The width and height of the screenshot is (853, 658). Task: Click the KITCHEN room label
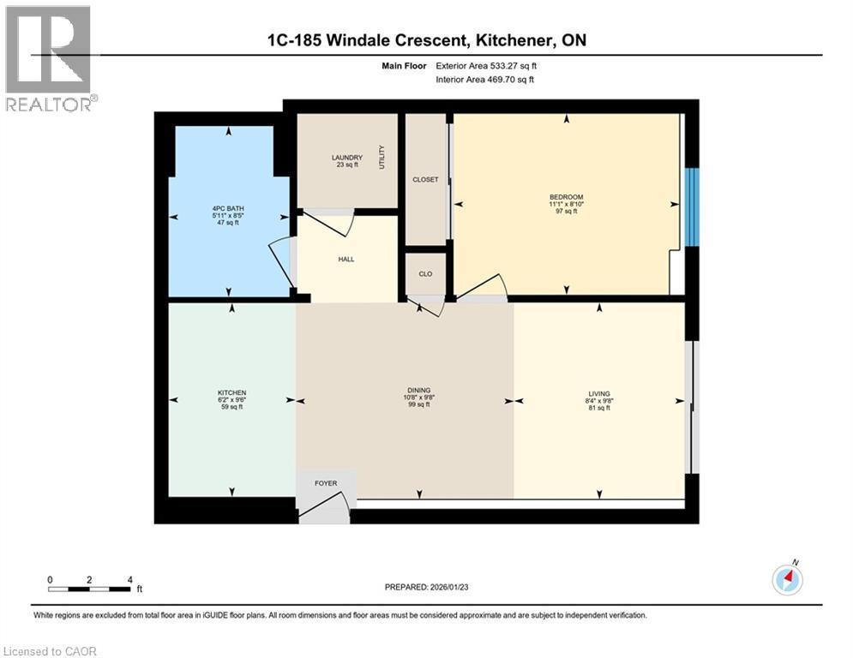[231, 393]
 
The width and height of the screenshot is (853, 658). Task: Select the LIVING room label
[599, 393]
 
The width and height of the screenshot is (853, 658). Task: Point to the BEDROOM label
[566, 197]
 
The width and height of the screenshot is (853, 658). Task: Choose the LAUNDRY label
[347, 158]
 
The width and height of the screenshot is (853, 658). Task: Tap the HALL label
[346, 258]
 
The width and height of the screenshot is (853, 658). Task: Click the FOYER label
[326, 483]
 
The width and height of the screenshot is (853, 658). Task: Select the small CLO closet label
[425, 274]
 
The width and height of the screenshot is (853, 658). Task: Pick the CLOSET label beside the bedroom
[425, 180]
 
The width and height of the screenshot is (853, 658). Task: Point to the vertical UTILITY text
[382, 157]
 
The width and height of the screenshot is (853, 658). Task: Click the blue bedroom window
[693, 206]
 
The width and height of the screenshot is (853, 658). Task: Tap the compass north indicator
[788, 580]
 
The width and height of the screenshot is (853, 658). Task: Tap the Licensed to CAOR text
[50, 651]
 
